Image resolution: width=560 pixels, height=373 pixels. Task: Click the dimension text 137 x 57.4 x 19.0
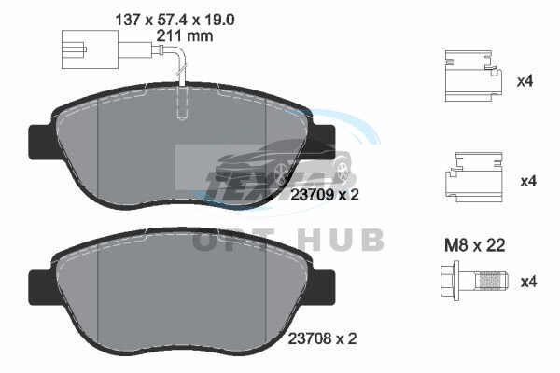click(175, 20)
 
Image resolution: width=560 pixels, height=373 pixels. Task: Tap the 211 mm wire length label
click(185, 35)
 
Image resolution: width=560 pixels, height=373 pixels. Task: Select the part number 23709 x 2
click(324, 195)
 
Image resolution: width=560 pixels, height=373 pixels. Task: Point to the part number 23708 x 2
click(322, 338)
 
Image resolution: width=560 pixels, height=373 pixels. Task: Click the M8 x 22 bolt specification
click(475, 245)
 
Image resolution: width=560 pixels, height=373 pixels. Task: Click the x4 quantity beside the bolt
click(528, 282)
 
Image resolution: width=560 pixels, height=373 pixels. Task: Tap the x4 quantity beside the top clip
click(525, 81)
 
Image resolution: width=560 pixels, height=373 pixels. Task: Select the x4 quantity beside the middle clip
click(528, 181)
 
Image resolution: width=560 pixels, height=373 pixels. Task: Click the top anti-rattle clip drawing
click(473, 76)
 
